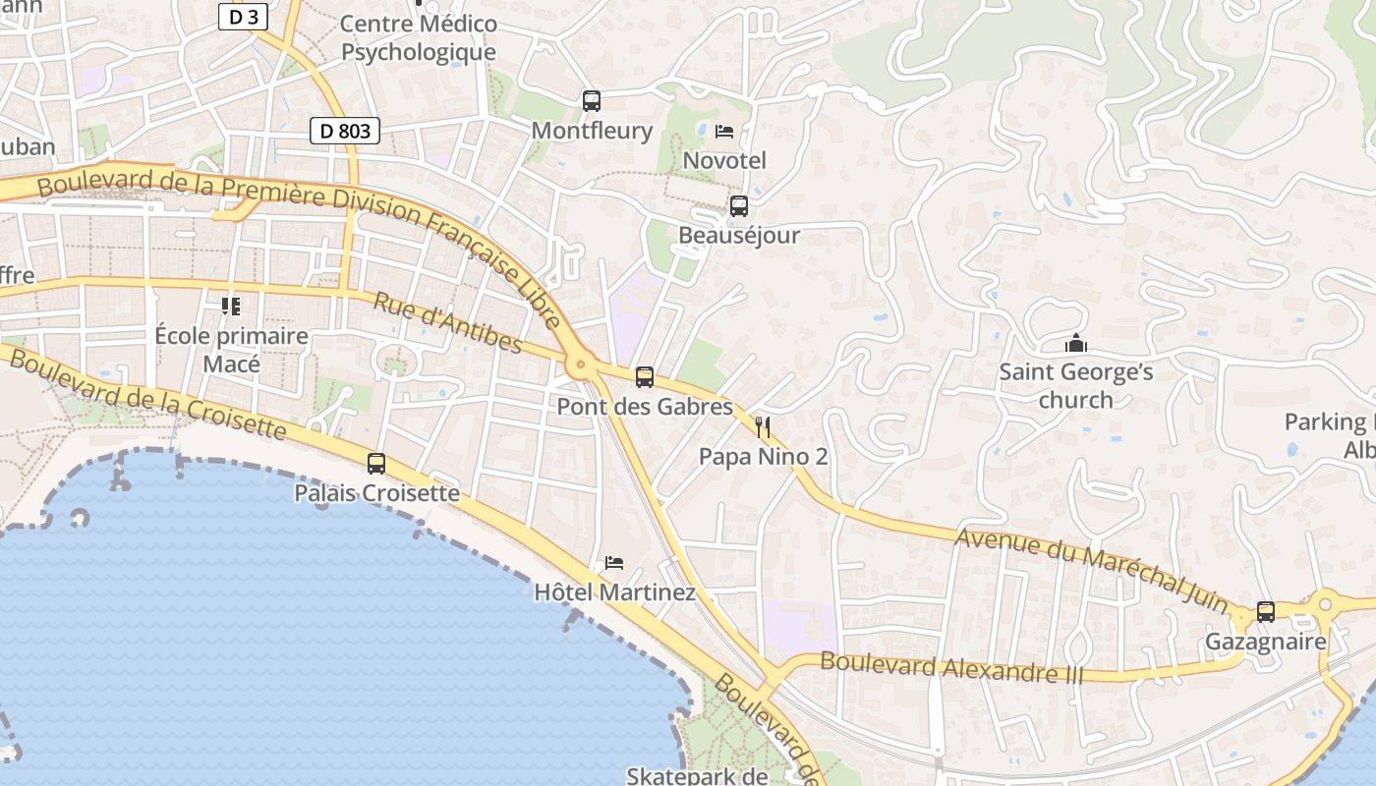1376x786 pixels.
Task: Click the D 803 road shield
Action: pos(345,131)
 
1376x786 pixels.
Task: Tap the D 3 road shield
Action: pos(243,16)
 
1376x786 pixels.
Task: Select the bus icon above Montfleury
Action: pos(592,100)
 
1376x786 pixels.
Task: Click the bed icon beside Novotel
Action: pos(724,131)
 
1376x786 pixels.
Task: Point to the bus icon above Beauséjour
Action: pos(739,206)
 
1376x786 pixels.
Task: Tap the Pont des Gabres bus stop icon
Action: pos(645,376)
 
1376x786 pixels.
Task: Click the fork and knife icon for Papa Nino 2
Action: pos(763,427)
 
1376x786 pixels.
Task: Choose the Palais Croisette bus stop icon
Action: pos(376,464)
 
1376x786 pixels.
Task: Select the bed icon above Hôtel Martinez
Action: pos(614,563)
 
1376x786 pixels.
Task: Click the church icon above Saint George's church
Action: pos(1076,344)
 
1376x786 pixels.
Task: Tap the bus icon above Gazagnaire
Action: pos(1266,612)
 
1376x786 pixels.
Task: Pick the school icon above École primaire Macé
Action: pos(231,307)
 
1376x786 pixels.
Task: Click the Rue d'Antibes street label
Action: pos(447,321)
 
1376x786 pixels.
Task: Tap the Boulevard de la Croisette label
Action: pos(147,395)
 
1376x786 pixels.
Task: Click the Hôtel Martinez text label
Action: pos(614,592)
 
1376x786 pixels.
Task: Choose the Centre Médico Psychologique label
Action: pos(419,37)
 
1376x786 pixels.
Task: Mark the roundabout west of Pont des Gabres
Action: pos(581,366)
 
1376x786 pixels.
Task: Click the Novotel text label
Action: pos(724,159)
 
